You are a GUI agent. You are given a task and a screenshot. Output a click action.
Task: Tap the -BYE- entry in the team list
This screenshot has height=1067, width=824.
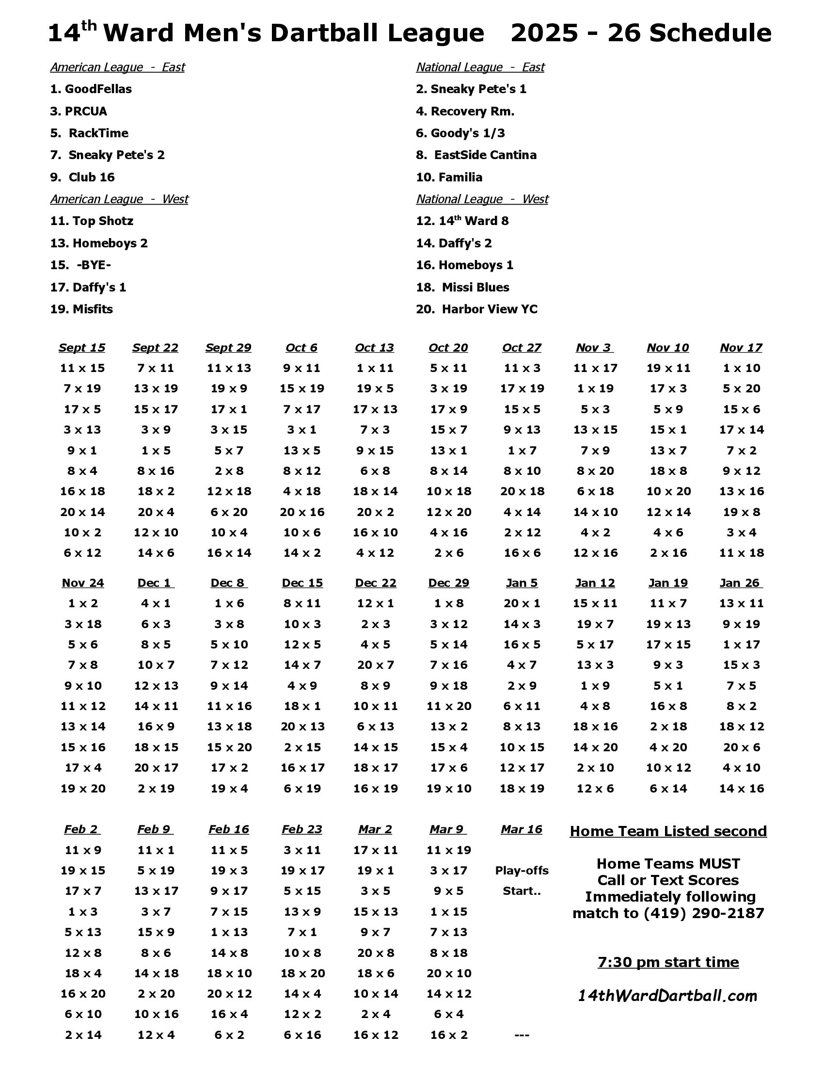click(93, 265)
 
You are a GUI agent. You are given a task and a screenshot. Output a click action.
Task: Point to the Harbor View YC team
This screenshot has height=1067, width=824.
click(489, 309)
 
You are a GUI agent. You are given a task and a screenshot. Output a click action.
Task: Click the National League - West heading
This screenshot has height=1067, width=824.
click(482, 199)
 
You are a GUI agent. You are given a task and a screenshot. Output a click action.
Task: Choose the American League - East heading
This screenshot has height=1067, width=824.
click(117, 67)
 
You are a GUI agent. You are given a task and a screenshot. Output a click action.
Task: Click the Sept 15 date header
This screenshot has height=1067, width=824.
click(82, 347)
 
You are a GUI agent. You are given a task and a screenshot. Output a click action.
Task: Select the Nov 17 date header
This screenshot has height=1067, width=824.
click(741, 347)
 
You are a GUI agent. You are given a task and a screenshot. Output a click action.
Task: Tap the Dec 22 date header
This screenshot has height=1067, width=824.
click(375, 582)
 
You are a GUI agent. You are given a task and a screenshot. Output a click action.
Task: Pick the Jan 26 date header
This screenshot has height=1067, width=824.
click(741, 582)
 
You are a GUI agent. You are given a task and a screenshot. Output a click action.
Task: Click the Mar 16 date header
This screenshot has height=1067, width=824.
click(522, 829)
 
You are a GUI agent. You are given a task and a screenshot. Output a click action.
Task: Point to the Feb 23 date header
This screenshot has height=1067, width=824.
click(301, 829)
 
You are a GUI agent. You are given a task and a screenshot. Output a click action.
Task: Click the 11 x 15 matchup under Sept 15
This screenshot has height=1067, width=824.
click(82, 368)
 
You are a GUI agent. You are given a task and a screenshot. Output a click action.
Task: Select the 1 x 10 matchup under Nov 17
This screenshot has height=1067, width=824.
click(741, 368)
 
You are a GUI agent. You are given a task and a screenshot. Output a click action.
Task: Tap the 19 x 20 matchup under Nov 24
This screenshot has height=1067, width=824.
click(83, 788)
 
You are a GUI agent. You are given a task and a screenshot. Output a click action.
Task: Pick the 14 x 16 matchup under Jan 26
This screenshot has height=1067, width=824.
click(741, 788)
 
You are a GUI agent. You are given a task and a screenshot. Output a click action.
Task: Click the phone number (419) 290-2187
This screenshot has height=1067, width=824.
click(703, 913)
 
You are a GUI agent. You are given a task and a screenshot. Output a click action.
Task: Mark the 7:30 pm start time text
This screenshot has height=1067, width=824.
click(668, 962)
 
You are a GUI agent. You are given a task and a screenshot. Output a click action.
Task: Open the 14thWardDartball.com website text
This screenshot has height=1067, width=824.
click(667, 996)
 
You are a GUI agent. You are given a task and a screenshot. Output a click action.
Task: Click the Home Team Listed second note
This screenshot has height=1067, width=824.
click(668, 831)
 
